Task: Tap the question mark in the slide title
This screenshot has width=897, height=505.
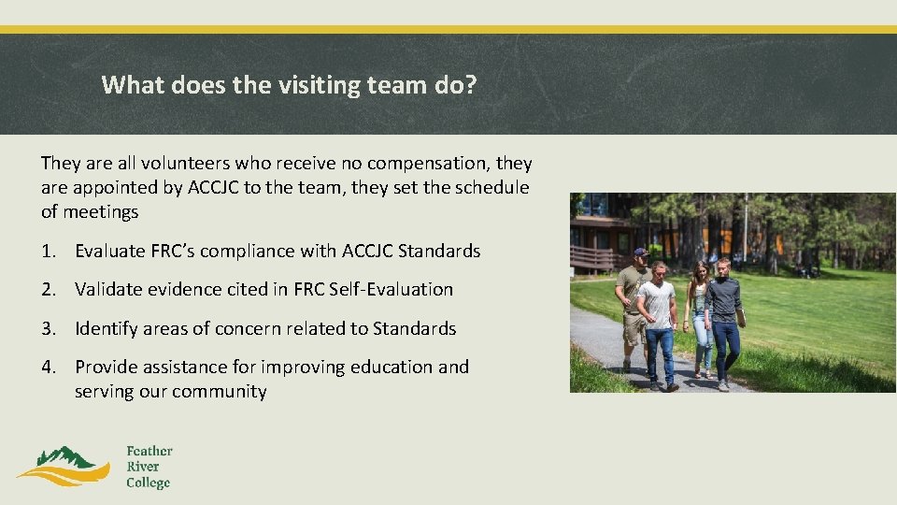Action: pos(471,84)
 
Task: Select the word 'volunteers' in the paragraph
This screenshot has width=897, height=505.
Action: pos(185,163)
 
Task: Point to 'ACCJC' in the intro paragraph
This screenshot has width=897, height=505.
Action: pos(213,188)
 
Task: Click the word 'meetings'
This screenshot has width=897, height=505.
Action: pos(101,212)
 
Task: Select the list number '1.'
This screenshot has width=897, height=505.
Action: pos(49,251)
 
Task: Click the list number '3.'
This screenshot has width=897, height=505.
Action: pos(49,328)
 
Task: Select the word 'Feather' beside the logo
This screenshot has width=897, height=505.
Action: pos(149,451)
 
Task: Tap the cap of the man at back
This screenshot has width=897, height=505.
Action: pos(641,252)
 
